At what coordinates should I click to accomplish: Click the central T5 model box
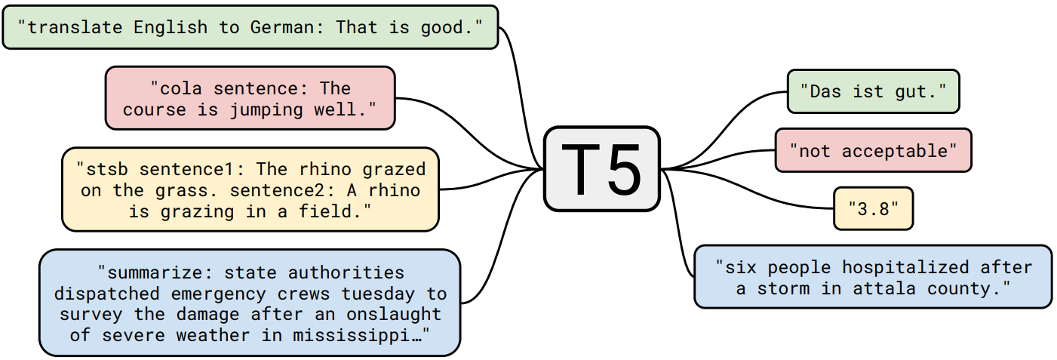click(x=601, y=168)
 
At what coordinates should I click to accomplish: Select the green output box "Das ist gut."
click(x=872, y=92)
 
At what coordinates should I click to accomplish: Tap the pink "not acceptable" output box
click(x=873, y=150)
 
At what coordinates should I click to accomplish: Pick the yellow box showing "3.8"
click(x=873, y=208)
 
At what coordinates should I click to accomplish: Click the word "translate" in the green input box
click(x=74, y=28)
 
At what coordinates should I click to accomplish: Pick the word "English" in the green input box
click(x=171, y=28)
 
